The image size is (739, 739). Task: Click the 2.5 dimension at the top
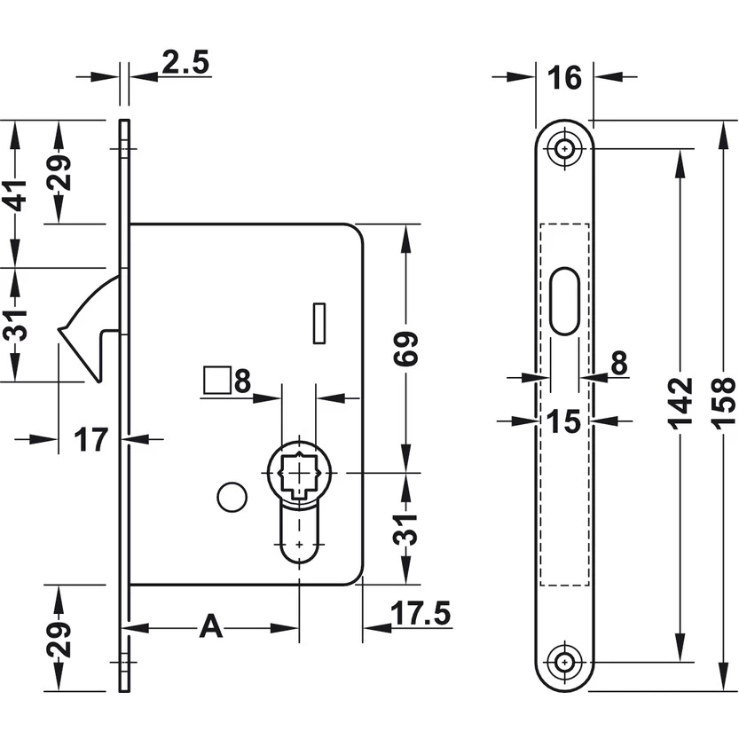tap(185, 62)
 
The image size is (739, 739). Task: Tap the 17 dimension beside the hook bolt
tap(90, 438)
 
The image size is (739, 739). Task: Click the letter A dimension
tap(210, 626)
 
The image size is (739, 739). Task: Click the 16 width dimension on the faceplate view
tap(563, 78)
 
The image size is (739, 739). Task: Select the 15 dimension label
tap(563, 421)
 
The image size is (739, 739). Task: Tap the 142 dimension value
tap(680, 403)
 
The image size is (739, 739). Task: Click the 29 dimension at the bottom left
tap(59, 636)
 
